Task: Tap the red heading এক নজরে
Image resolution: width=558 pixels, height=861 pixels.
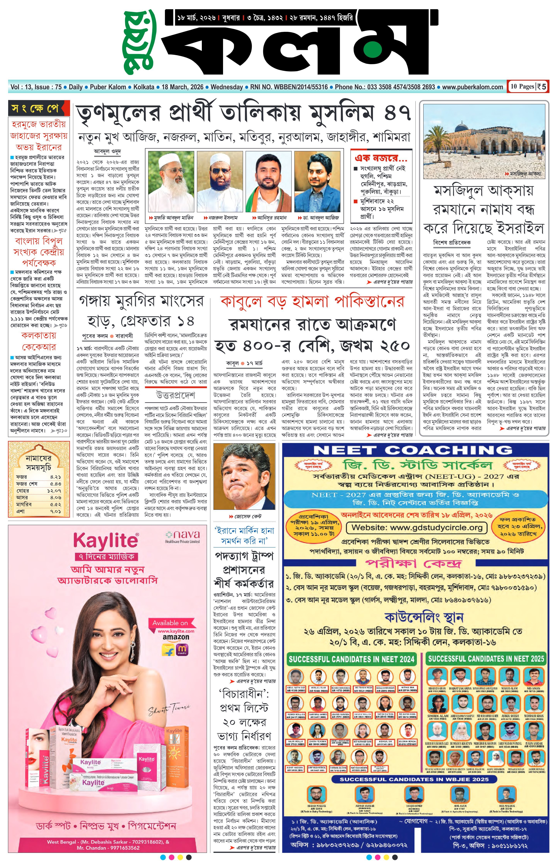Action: point(381,158)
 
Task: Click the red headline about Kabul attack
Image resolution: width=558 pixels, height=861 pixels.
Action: point(312,301)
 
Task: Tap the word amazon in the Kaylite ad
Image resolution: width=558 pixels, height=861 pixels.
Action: point(176,637)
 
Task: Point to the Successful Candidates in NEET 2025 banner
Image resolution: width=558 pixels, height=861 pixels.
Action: point(486,658)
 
